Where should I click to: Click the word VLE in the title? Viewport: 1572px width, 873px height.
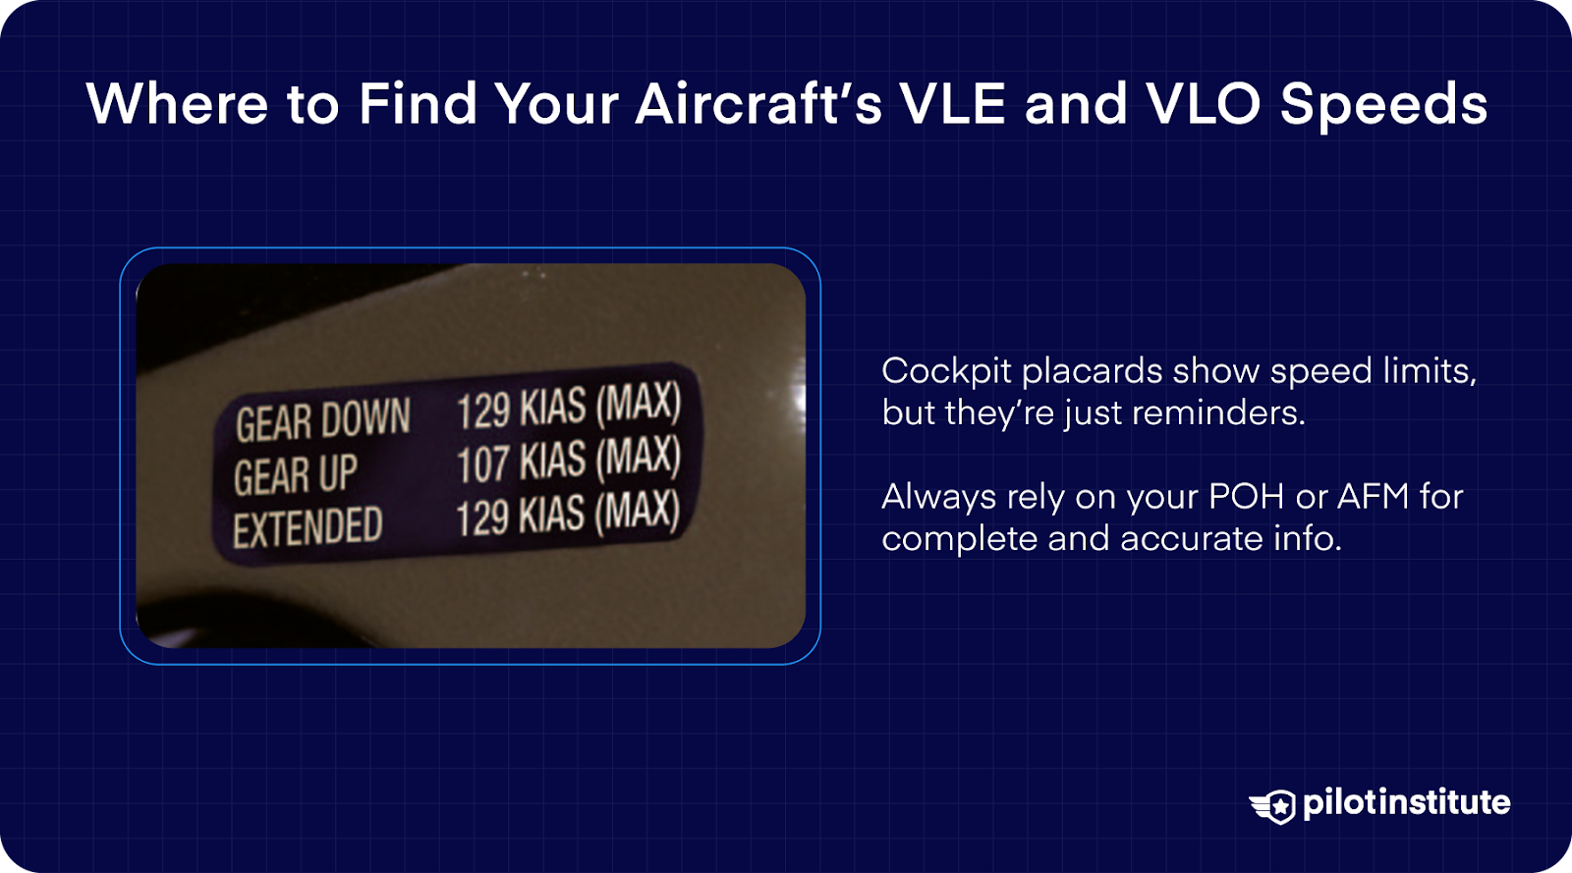click(x=952, y=104)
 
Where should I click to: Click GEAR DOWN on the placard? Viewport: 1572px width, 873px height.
click(x=322, y=420)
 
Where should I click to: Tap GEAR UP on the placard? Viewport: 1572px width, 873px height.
click(x=295, y=475)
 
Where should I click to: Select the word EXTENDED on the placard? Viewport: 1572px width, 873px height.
click(x=308, y=527)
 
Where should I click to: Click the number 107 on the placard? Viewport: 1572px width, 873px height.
click(x=482, y=464)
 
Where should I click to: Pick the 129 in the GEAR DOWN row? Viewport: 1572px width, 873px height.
click(x=482, y=410)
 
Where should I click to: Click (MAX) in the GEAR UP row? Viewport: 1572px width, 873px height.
click(x=638, y=457)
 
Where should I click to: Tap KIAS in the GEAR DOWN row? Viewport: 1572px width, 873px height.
click(x=553, y=408)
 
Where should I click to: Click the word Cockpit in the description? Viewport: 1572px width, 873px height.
click(x=946, y=371)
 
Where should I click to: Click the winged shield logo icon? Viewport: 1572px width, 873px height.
click(x=1273, y=806)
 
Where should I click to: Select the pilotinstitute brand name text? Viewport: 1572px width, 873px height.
click(x=1406, y=802)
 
